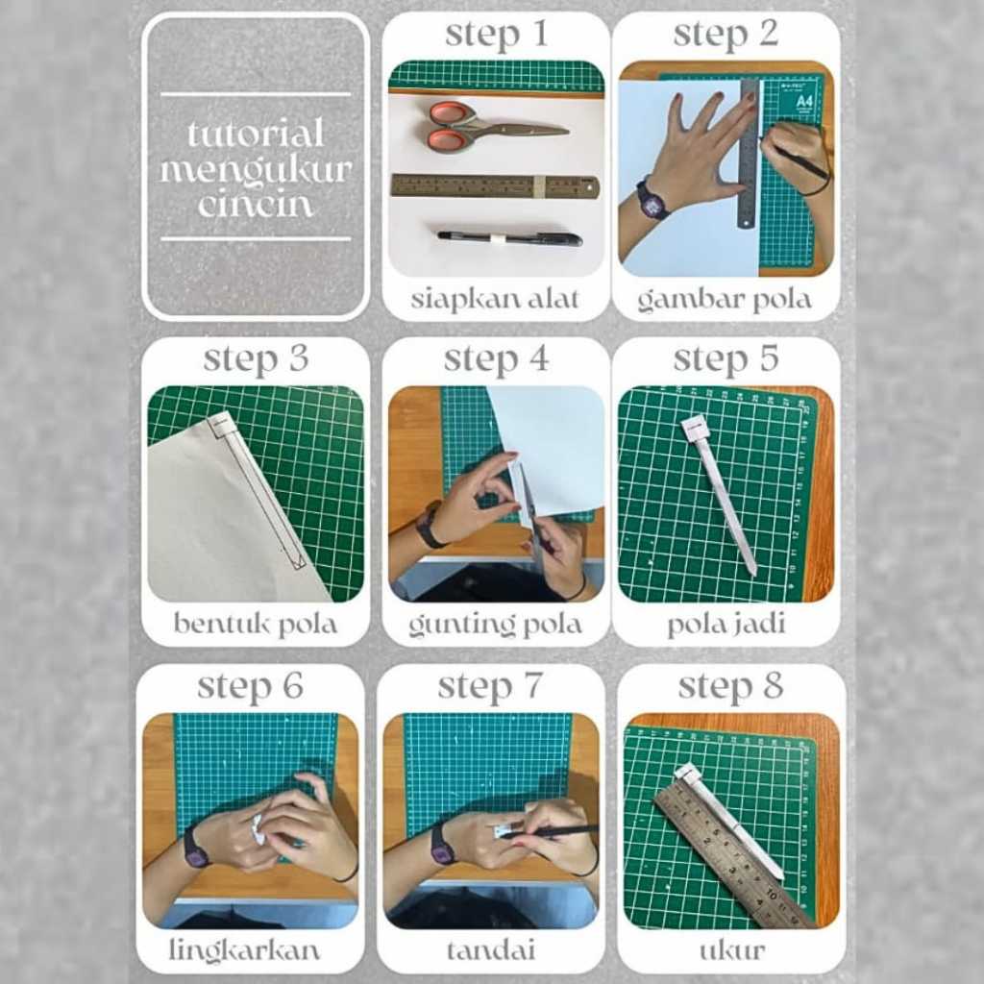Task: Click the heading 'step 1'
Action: (497, 36)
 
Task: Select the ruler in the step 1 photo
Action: (495, 186)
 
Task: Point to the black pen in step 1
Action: (509, 238)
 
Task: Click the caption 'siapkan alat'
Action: (495, 299)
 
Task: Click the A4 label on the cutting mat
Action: (803, 101)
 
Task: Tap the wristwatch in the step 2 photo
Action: (652, 200)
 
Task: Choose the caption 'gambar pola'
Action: (725, 300)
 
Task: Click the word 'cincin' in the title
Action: (256, 205)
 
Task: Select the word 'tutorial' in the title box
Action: (256, 133)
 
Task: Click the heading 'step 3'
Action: (256, 360)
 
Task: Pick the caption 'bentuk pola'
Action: (256, 625)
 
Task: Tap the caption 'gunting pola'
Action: (495, 625)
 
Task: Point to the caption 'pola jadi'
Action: (726, 625)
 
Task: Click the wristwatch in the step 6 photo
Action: (196, 849)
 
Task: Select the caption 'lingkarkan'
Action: (245, 950)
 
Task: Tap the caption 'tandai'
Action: (491, 950)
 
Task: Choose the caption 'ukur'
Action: (731, 951)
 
